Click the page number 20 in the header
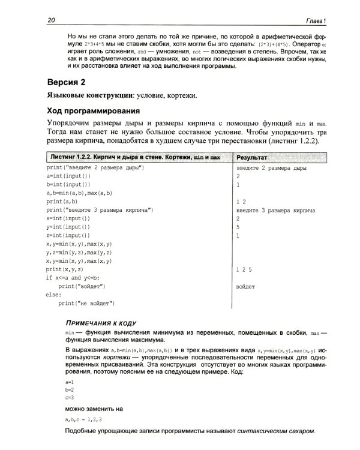[51, 21]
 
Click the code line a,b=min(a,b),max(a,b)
[79, 194]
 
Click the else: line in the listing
[53, 295]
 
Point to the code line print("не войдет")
[86, 303]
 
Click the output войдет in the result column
[246, 287]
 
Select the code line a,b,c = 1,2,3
[84, 418]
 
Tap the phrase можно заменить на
[94, 408]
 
